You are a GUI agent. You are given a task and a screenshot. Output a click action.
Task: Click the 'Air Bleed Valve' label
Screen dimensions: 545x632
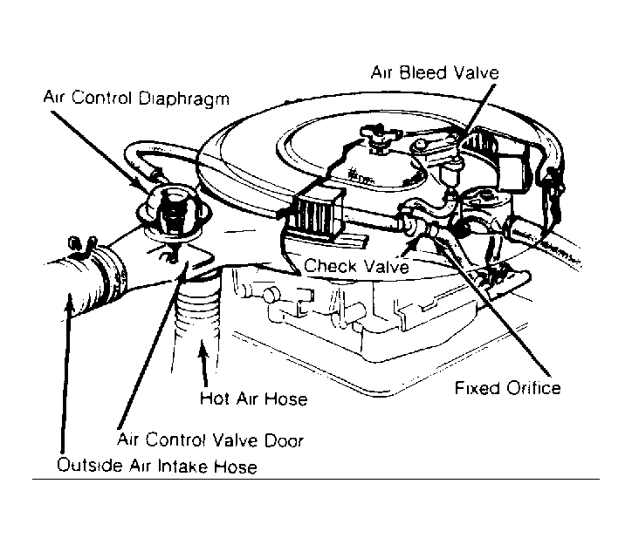(435, 72)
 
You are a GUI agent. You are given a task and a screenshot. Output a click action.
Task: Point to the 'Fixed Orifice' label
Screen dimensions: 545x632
(507, 386)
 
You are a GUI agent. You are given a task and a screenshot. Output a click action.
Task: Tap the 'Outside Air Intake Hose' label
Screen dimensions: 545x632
(156, 467)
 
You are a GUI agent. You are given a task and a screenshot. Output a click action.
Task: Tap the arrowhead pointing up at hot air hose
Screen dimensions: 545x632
(203, 350)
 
